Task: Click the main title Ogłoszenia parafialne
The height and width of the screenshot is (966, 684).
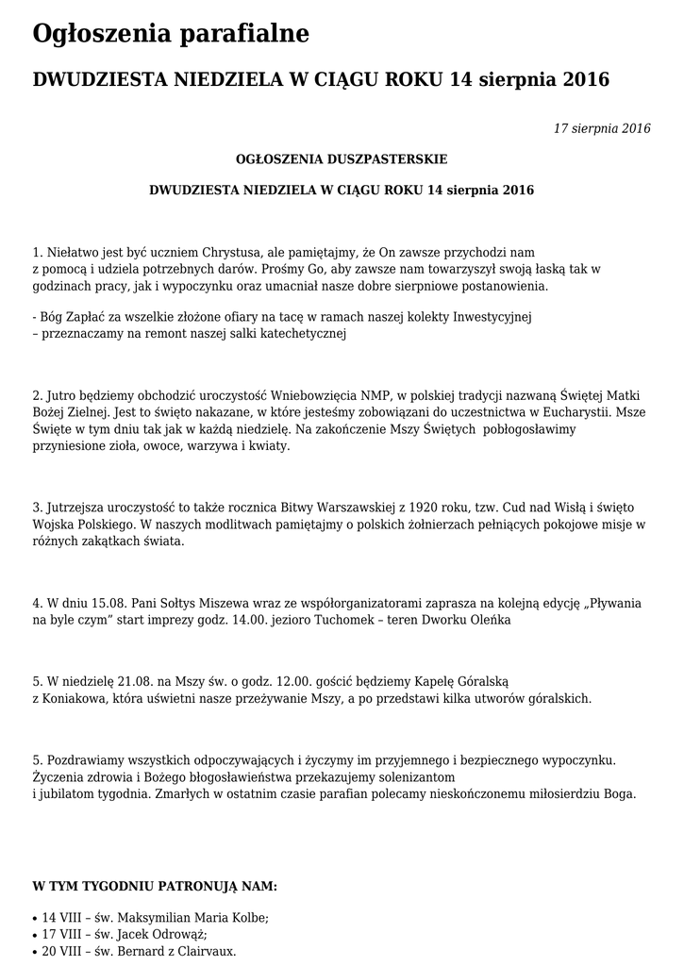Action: click(171, 35)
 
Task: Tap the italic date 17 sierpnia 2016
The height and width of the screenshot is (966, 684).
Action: click(602, 129)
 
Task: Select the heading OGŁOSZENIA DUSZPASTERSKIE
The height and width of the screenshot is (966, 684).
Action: click(342, 158)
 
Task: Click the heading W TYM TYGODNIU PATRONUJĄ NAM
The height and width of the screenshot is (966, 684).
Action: click(155, 887)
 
